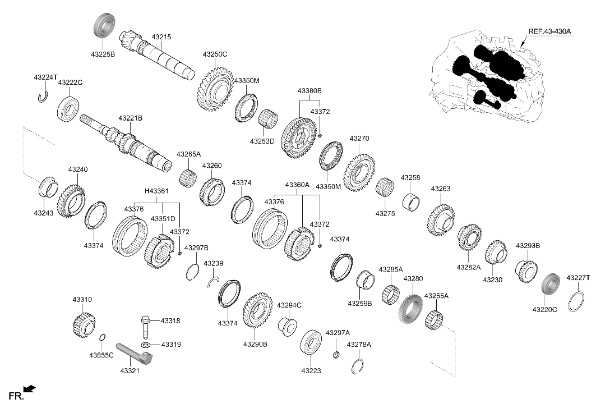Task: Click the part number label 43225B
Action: coord(103,54)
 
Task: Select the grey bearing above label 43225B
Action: coord(104,25)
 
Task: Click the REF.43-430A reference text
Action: coord(549,31)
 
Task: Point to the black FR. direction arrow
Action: coord(29,388)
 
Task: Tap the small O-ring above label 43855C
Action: coord(102,338)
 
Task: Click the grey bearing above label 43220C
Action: coord(550,288)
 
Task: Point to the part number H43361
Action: coord(156,191)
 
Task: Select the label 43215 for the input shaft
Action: coord(161,37)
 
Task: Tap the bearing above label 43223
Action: coord(311,346)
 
